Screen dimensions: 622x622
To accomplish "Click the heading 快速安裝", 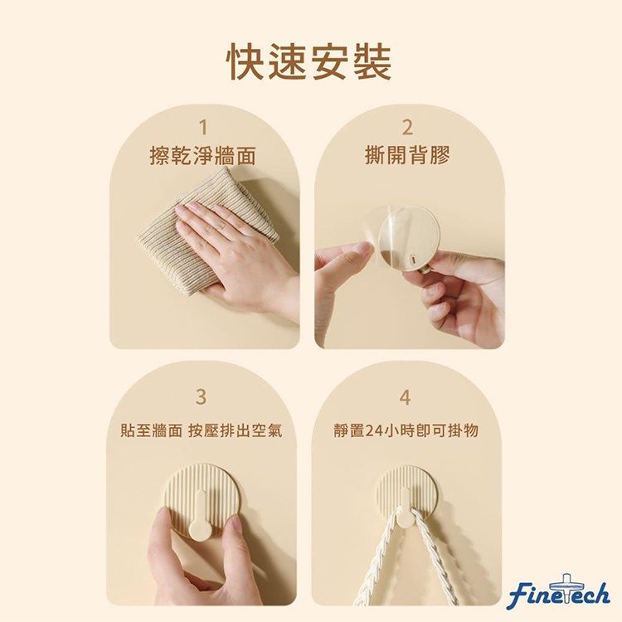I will [310, 62].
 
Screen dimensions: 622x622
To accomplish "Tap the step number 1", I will [203, 128].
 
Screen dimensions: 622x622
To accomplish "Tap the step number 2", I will [406, 128].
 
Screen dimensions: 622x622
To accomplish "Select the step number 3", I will [202, 396].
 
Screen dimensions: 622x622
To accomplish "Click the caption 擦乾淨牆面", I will [202, 155].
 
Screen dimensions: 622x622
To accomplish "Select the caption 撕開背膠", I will [407, 155].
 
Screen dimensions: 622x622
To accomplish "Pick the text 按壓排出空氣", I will [236, 430].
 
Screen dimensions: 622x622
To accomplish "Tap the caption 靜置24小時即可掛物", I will [406, 430].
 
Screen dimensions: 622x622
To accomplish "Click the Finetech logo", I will [558, 591].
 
